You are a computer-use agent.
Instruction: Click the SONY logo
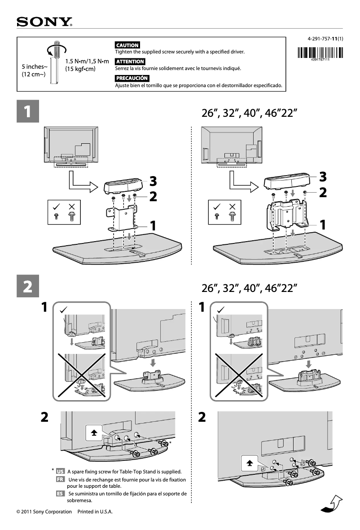[44, 22]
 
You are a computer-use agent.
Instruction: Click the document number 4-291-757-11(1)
[325, 39]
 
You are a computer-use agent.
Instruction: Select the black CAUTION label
[127, 45]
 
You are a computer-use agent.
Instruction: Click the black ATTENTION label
[130, 62]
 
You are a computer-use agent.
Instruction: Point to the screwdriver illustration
[56, 63]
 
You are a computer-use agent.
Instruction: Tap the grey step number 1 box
[27, 112]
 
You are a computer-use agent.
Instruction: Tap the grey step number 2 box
[27, 286]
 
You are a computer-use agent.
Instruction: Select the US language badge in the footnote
[60, 472]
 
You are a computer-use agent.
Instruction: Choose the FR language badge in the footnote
[60, 479]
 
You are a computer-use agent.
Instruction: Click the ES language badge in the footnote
[60, 494]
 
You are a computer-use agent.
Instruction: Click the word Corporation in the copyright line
[58, 512]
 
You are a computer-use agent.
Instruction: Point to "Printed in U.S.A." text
[95, 512]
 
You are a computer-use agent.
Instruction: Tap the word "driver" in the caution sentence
[237, 52]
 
